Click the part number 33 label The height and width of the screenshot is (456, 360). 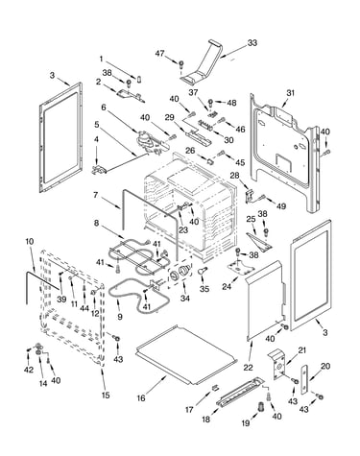point(252,43)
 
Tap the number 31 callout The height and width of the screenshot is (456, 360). point(290,93)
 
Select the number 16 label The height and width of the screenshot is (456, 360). point(141,398)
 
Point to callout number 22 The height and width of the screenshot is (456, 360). point(248,368)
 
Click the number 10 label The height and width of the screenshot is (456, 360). point(29,242)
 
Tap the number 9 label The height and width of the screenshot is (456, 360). point(120,317)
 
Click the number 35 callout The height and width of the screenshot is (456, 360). point(204,289)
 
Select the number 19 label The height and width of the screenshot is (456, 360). point(246,423)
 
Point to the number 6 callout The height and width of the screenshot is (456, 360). point(104,108)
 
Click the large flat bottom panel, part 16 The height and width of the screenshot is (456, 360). point(186,355)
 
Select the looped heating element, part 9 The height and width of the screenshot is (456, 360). point(137,296)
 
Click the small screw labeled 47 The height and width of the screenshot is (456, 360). point(180,64)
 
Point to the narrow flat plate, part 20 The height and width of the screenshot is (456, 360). point(304,379)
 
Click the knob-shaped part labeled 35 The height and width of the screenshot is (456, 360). point(203,271)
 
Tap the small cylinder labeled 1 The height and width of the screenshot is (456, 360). point(139,79)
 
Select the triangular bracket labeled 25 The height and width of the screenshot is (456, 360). point(259,242)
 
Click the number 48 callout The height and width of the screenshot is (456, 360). point(231,103)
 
